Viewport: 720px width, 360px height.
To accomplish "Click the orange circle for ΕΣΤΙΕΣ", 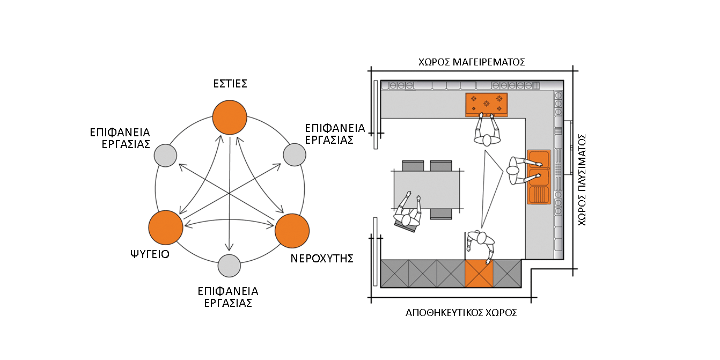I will [x=230, y=117].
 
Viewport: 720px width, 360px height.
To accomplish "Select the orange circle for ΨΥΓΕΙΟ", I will [x=166, y=227].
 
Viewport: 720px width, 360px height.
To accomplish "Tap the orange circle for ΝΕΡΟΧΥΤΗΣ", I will [x=292, y=230].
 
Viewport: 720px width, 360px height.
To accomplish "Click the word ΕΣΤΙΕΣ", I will [x=230, y=84].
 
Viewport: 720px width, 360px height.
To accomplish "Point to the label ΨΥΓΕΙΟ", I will [x=150, y=254].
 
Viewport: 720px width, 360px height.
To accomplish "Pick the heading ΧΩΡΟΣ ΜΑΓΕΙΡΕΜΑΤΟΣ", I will [x=471, y=62].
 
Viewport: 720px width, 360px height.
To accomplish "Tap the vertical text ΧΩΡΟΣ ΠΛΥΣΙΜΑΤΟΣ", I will [x=583, y=180].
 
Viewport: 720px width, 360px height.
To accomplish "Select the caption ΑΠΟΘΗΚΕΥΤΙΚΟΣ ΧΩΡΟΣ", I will [x=461, y=313].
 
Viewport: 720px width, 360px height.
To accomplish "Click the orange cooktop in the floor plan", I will [x=486, y=104].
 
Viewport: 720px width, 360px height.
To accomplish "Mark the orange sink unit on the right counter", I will [x=539, y=177].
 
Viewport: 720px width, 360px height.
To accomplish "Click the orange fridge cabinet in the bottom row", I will [x=479, y=273].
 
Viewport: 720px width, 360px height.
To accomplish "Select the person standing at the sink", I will [x=517, y=170].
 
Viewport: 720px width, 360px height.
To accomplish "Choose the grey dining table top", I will [x=428, y=189].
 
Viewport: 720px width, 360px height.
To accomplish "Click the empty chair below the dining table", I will [x=441, y=214].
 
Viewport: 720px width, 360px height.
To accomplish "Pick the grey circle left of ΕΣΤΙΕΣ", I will [x=165, y=156].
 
